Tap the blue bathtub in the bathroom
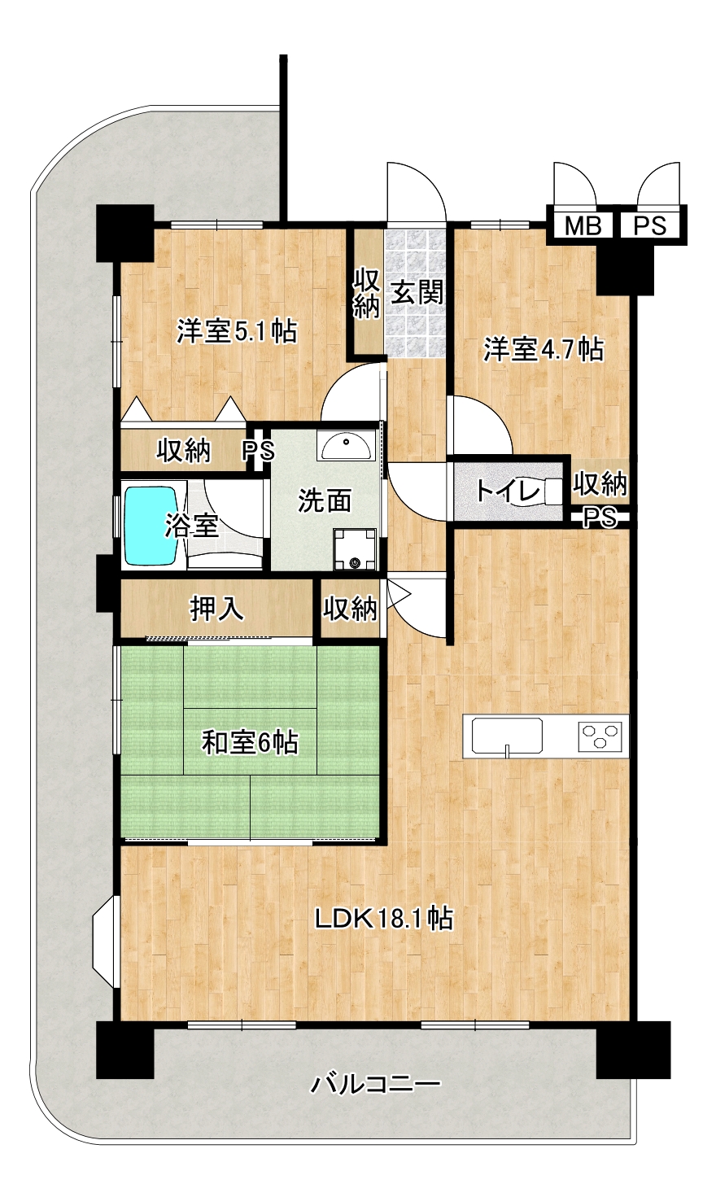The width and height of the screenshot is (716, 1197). click(x=151, y=524)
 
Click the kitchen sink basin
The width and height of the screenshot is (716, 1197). click(x=507, y=736)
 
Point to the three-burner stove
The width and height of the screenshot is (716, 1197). click(x=600, y=736)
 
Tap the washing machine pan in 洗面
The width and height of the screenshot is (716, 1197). click(x=355, y=548)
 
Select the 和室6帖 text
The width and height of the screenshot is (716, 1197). click(x=250, y=743)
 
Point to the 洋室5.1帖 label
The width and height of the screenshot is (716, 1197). click(x=237, y=331)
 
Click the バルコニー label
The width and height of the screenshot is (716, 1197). click(x=376, y=1084)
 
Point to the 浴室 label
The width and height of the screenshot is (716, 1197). click(x=191, y=525)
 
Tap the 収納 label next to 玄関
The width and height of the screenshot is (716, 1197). click(x=367, y=293)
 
